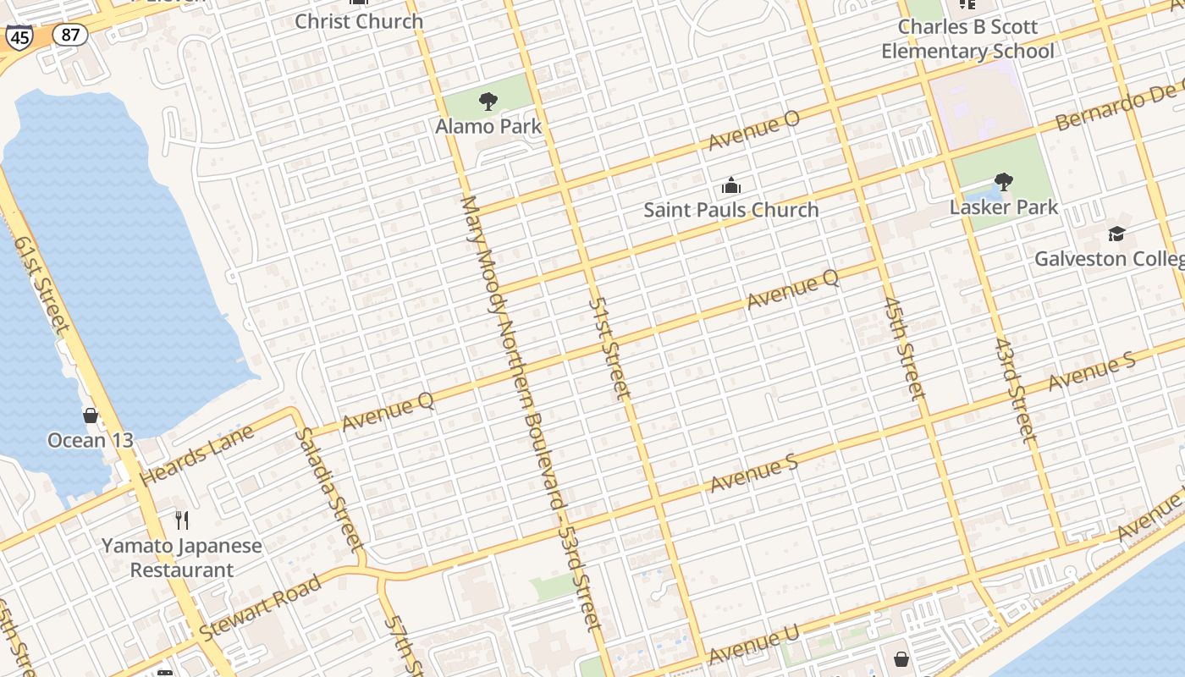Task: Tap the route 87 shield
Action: pos(69,35)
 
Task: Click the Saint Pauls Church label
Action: pos(731,210)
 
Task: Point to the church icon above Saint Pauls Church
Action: pos(731,185)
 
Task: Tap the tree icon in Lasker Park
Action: pos(1004,181)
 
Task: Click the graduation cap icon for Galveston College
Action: pos(1116,234)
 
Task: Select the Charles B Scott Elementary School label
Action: pos(967,39)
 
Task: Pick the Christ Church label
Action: pos(359,21)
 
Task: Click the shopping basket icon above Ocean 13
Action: pos(91,415)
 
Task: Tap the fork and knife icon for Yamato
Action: pos(182,520)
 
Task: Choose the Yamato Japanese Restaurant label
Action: pos(182,558)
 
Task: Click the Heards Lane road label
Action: pos(197,456)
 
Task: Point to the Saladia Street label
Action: pos(329,489)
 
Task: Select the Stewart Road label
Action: pos(261,608)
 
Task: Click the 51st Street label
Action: pos(610,348)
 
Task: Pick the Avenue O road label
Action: pos(753,130)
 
